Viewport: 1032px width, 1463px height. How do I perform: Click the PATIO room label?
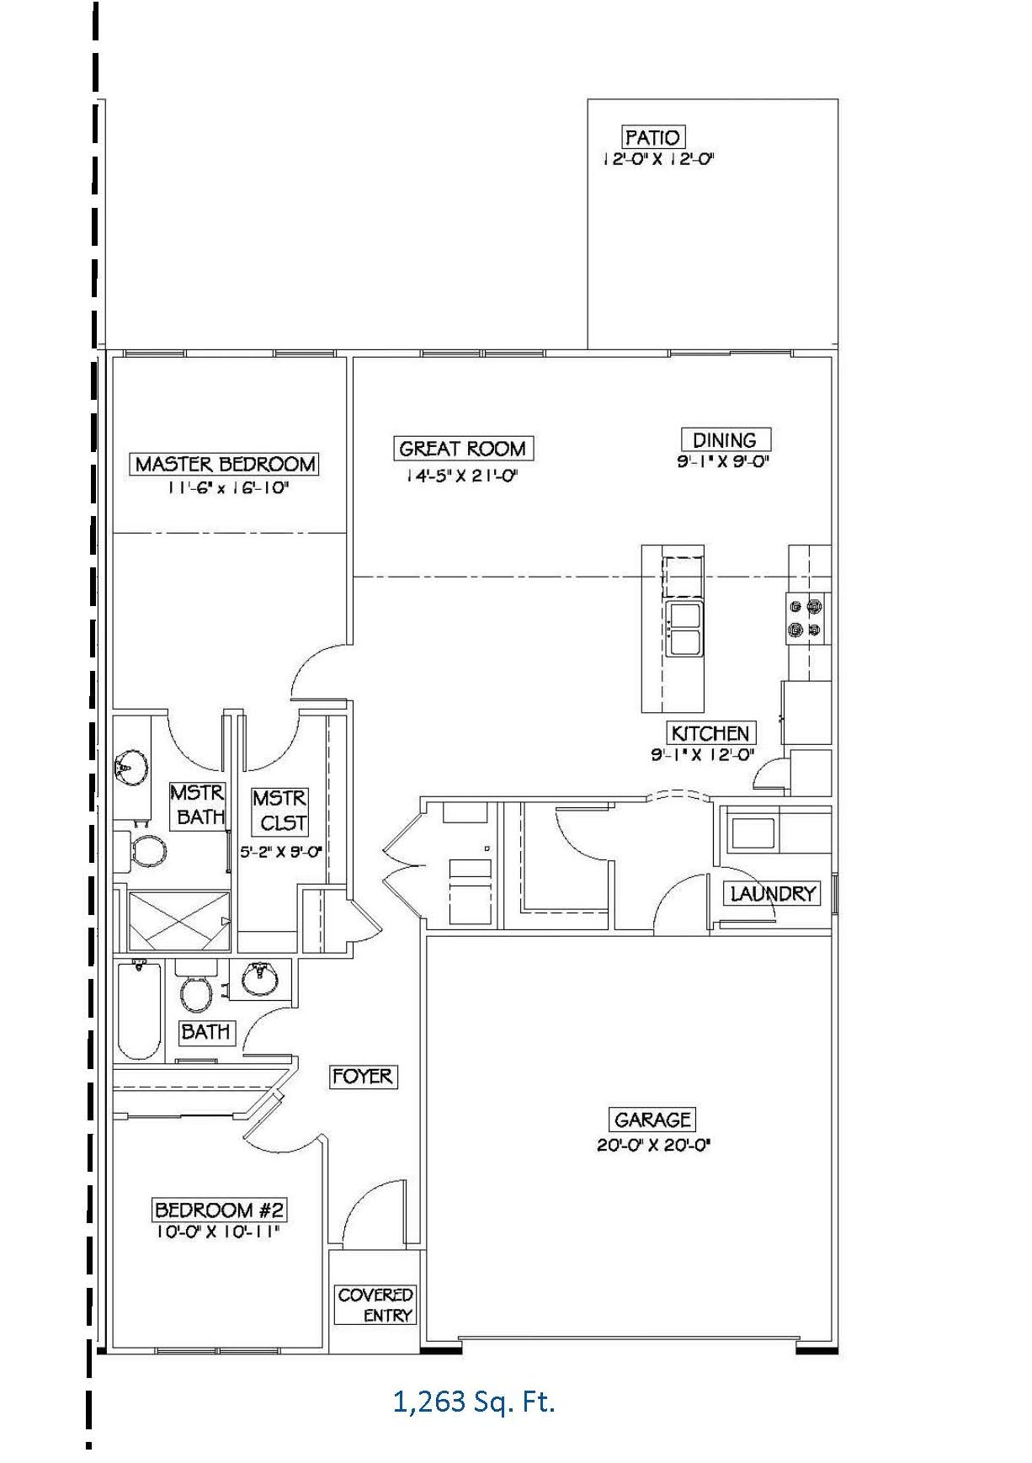coord(652,137)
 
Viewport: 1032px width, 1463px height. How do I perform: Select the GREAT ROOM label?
coord(462,449)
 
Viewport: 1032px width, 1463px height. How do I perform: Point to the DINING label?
coord(724,439)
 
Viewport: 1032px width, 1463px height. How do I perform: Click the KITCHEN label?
coord(710,732)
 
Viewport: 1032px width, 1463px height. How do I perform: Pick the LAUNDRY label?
coord(773,893)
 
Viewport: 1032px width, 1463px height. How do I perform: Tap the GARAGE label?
coord(652,1120)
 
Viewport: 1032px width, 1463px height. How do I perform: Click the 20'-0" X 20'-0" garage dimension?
coord(654,1145)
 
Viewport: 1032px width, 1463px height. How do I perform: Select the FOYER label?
coord(362,1076)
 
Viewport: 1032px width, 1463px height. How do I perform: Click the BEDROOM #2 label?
coord(220,1210)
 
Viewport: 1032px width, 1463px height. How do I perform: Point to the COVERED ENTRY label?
coord(375,1305)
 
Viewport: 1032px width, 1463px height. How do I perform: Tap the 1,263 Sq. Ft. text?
coord(474,1402)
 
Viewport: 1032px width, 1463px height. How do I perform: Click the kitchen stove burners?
coord(804,616)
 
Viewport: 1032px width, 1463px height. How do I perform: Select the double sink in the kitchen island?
coord(684,629)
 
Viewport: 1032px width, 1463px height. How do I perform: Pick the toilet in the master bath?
coord(146,852)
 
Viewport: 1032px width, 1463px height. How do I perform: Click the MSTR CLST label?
coord(279,810)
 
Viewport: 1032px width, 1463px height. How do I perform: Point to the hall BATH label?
coord(205,1031)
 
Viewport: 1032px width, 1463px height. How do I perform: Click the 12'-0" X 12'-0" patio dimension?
coord(657,159)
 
